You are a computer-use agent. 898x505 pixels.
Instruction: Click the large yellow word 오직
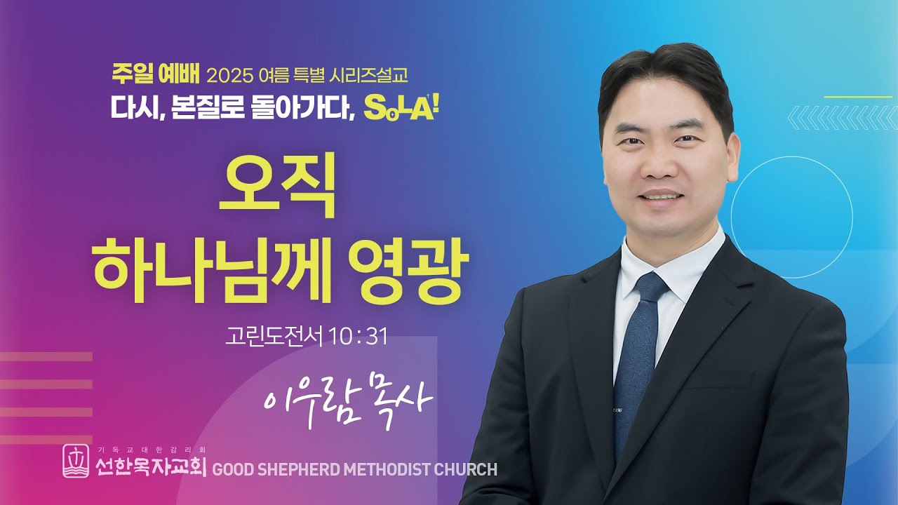pyautogui.click(x=277, y=186)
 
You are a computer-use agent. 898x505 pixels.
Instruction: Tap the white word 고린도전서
pyautogui.click(x=274, y=337)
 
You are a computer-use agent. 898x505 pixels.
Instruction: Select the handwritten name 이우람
pyautogui.click(x=309, y=400)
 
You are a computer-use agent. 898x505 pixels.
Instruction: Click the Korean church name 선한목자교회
pyautogui.click(x=151, y=467)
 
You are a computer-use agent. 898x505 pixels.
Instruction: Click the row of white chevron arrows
pyautogui.click(x=843, y=117)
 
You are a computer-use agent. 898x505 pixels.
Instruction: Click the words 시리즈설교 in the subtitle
pyautogui.click(x=367, y=74)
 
